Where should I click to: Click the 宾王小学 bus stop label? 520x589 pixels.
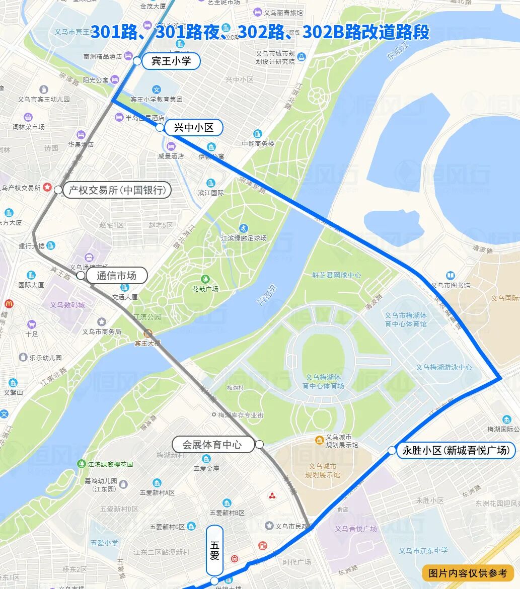(171, 61)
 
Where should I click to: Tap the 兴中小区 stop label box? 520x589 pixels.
(193, 128)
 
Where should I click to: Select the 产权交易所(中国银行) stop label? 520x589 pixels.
(117, 190)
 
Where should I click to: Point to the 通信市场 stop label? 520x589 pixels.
(117, 276)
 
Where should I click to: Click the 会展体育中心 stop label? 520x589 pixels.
(212, 445)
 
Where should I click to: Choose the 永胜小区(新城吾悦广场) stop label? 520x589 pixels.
(456, 450)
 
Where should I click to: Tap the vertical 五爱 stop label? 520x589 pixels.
(214, 550)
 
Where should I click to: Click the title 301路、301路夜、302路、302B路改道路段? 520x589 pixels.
(260, 32)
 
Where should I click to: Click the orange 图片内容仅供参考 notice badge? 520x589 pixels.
(468, 573)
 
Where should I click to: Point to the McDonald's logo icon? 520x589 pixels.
(9, 304)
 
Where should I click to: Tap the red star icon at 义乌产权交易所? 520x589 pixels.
(47, 187)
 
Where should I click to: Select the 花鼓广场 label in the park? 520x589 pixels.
(205, 289)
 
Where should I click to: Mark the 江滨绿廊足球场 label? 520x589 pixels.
(244, 238)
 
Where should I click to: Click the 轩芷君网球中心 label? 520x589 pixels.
(336, 275)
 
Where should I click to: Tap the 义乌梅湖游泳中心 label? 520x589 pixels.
(443, 367)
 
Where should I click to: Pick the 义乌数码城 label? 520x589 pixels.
(67, 305)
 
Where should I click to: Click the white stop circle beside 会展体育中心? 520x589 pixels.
(259, 444)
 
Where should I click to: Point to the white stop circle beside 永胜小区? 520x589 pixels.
(392, 450)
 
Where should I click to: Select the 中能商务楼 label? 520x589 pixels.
(258, 143)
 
